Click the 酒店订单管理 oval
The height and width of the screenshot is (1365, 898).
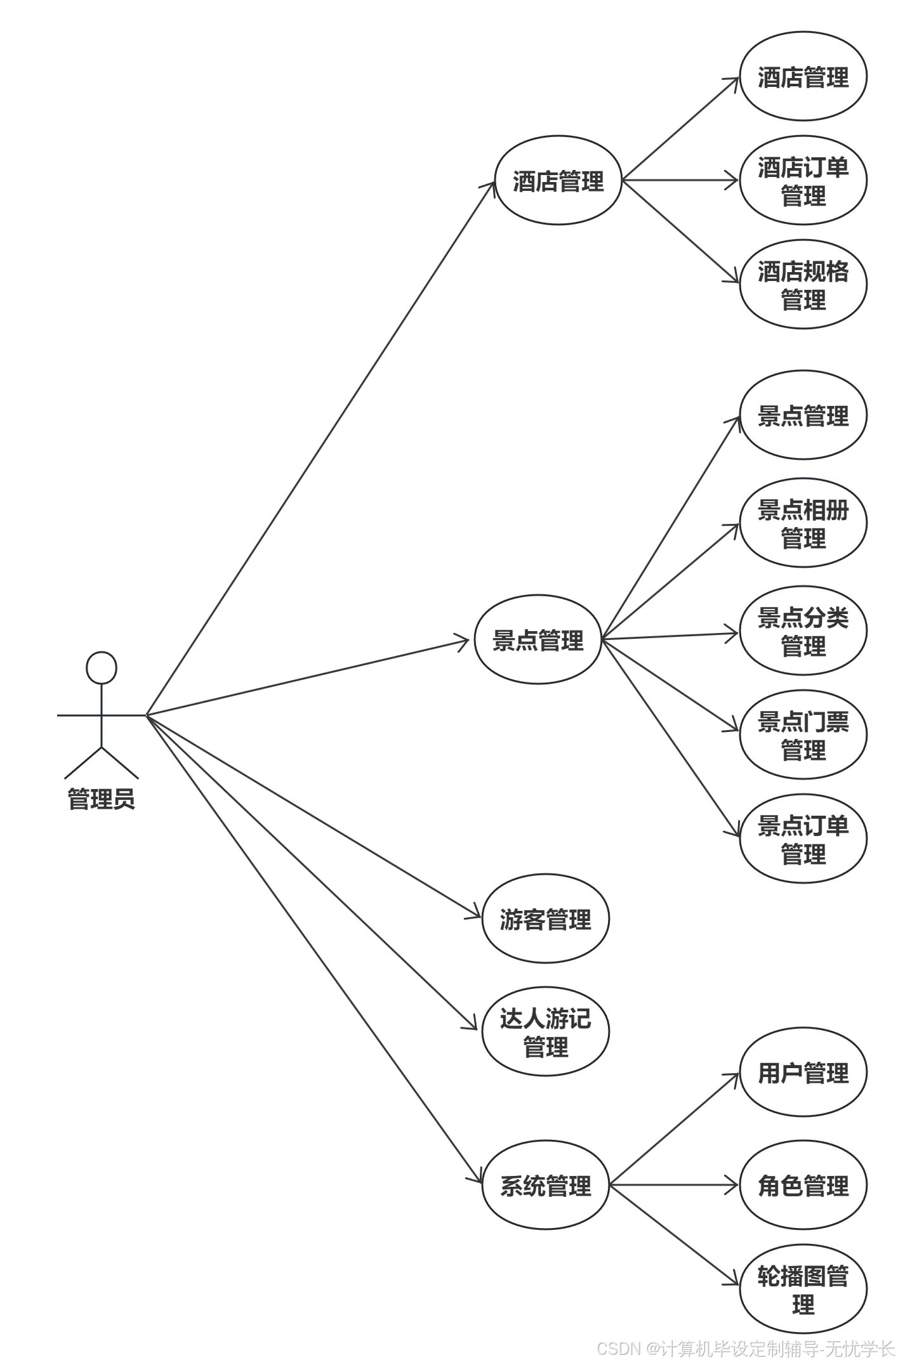tap(803, 181)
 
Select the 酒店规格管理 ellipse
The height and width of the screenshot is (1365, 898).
tap(803, 284)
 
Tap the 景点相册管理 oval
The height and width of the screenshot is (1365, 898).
tap(803, 523)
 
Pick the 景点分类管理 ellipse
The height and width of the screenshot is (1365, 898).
tap(803, 630)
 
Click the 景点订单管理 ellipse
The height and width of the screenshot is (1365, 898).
tap(803, 839)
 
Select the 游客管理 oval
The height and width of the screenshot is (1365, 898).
tap(545, 919)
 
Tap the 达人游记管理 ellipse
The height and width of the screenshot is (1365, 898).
tap(545, 1031)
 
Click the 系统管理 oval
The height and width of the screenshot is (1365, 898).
tap(545, 1185)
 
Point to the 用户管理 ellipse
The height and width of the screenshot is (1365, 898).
tap(803, 1073)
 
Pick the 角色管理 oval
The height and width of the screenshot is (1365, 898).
tap(803, 1185)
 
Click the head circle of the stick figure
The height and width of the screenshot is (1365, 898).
tap(102, 668)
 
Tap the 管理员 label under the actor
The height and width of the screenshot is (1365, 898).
tap(102, 799)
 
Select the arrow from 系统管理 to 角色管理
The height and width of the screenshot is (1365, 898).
tap(673, 1185)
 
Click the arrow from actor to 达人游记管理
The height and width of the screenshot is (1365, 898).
tap(311, 872)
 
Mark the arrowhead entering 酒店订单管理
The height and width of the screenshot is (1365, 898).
tap(733, 180)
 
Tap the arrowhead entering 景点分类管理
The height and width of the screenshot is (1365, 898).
tap(733, 633)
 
